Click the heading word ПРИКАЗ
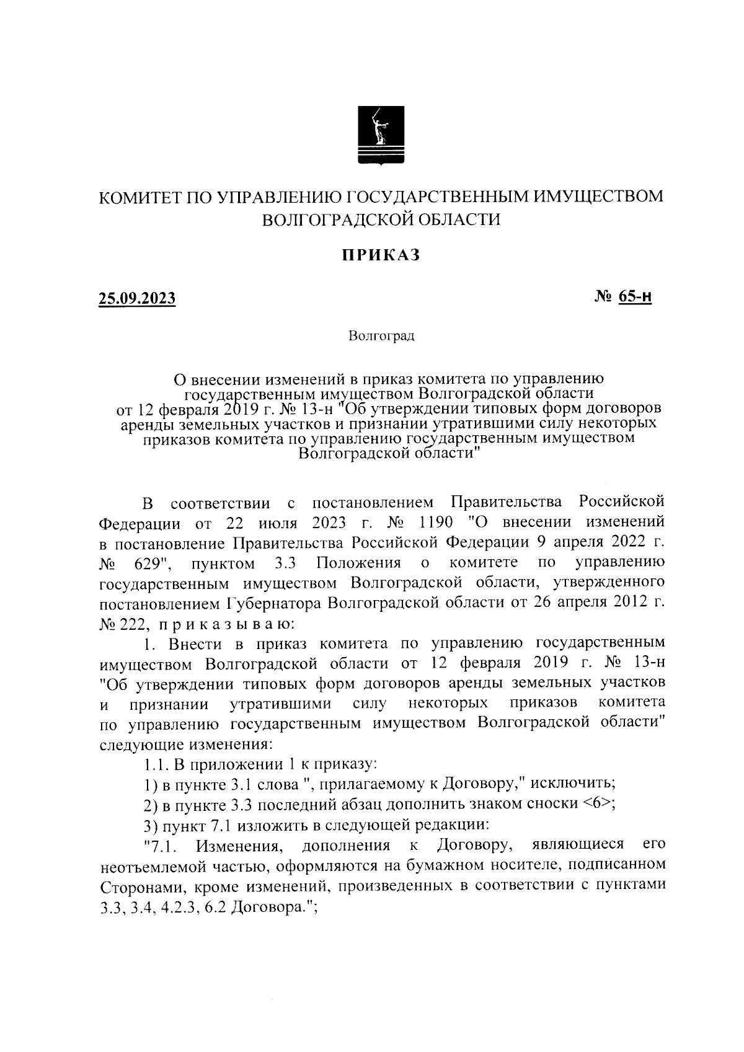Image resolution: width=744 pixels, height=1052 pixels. pyautogui.click(x=379, y=255)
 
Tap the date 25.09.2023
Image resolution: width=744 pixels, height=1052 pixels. pyautogui.click(x=137, y=299)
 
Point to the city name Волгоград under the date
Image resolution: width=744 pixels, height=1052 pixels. pyautogui.click(x=381, y=337)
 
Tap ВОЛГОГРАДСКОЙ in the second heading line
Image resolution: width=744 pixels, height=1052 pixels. pyautogui.click(x=337, y=219)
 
